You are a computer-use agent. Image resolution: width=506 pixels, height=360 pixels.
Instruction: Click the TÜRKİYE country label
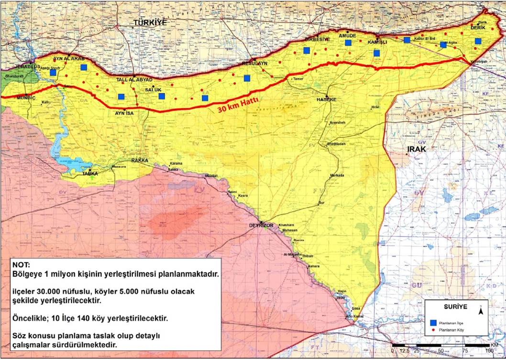[149, 22]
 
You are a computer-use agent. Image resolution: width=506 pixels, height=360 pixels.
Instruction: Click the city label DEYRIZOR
[260, 225]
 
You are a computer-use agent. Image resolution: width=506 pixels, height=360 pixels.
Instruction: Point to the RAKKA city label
[140, 160]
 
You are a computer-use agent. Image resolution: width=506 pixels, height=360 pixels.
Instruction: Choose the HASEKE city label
[327, 99]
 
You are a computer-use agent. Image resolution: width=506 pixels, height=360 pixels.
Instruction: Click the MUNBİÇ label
[26, 97]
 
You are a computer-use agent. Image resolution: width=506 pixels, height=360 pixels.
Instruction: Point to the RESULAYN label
[254, 63]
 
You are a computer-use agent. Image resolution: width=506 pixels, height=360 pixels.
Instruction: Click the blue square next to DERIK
[478, 41]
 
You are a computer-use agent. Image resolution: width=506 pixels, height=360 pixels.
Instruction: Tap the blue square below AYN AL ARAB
[84, 67]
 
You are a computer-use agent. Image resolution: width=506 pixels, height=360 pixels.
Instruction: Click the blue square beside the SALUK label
[162, 96]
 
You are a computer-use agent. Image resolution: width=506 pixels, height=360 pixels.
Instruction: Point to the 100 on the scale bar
[489, 351]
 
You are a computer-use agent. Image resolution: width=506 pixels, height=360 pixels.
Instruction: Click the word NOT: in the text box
[22, 265]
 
